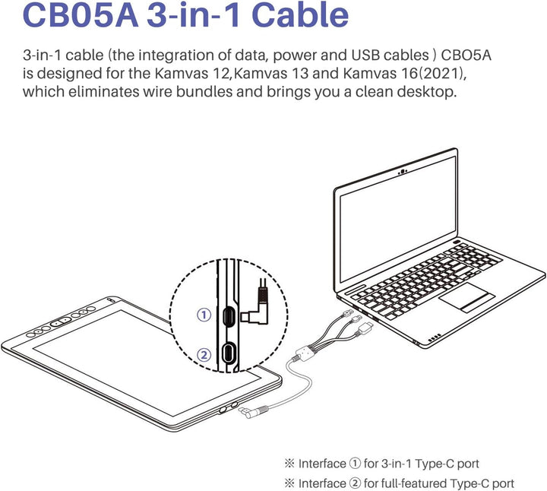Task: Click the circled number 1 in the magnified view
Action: tap(203, 315)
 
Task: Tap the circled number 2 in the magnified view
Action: tap(203, 353)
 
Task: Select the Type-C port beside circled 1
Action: tap(227, 315)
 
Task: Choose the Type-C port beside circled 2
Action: tap(227, 353)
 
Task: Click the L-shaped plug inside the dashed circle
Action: tap(256, 308)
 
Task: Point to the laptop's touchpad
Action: tap(466, 298)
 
